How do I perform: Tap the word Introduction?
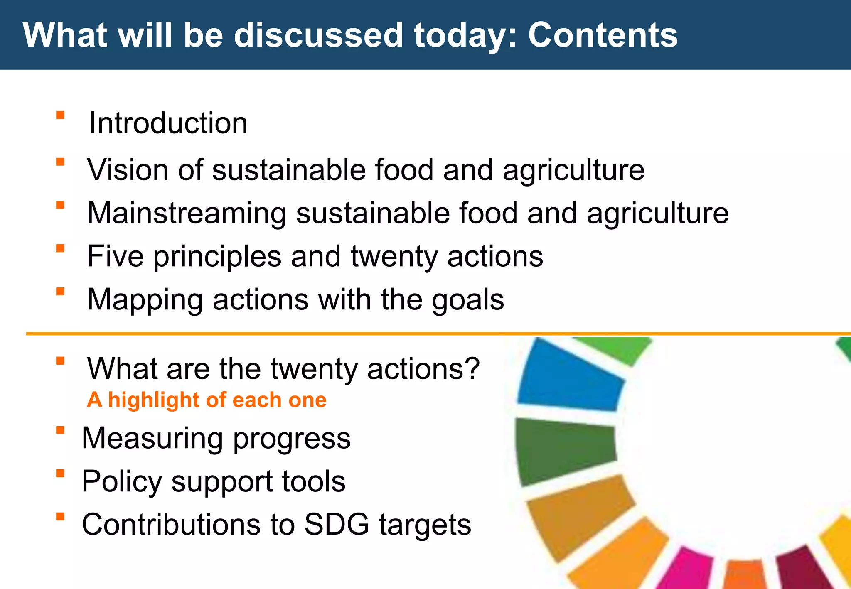coord(168,123)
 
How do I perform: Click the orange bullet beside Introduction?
coord(60,115)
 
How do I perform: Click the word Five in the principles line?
coord(115,256)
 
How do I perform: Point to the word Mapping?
coord(145,300)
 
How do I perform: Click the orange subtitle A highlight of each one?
coord(207,400)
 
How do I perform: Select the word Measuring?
coord(152,439)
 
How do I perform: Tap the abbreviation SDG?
coord(336,524)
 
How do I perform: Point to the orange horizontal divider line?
coord(416,334)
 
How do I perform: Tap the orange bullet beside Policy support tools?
coord(60,473)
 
